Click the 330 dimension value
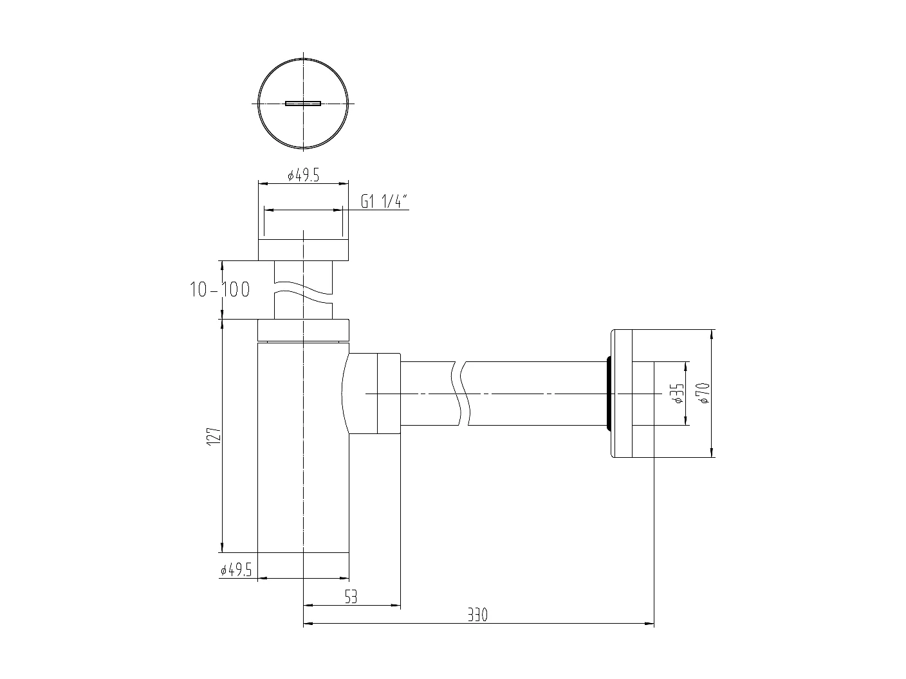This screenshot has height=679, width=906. [477, 615]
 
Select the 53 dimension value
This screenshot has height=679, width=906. [351, 597]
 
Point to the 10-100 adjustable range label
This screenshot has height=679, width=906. [219, 290]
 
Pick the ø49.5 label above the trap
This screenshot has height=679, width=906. [303, 176]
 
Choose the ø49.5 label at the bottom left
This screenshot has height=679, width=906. [236, 570]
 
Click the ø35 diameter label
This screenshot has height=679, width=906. [676, 394]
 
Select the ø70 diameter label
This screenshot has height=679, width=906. [703, 393]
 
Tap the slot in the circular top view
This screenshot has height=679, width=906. [303, 103]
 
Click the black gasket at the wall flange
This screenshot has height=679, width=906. [607, 393]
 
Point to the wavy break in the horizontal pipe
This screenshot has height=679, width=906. [462, 394]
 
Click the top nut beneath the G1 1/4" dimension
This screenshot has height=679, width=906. [303, 249]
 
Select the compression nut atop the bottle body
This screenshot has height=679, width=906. [303, 330]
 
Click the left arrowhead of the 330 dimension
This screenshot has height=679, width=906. [308, 623]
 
